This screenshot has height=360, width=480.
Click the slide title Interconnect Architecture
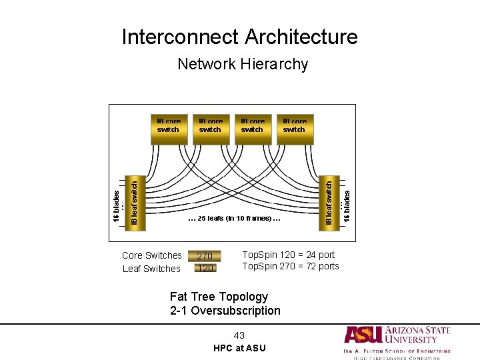pyautogui.click(x=239, y=37)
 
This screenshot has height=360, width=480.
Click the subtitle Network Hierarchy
pyautogui.click(x=243, y=64)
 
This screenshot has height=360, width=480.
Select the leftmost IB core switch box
pyautogui.click(x=168, y=129)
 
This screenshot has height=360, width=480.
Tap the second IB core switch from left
pyautogui.click(x=210, y=129)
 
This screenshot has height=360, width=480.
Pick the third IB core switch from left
pyautogui.click(x=252, y=129)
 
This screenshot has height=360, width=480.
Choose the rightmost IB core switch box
pyautogui.click(x=294, y=129)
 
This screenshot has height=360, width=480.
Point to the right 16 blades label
pyautogui.click(x=347, y=200)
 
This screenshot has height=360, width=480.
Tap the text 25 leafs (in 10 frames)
pyautogui.click(x=234, y=218)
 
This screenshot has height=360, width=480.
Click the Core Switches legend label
pyautogui.click(x=152, y=255)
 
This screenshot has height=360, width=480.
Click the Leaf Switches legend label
pyautogui.click(x=151, y=269)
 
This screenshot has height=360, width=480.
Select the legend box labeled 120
pyautogui.click(x=205, y=268)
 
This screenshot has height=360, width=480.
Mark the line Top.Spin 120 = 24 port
pyautogui.click(x=288, y=255)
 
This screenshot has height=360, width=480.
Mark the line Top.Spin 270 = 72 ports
pyautogui.click(x=290, y=266)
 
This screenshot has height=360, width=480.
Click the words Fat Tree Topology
pyautogui.click(x=219, y=297)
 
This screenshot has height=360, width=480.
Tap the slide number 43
pyautogui.click(x=239, y=335)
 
